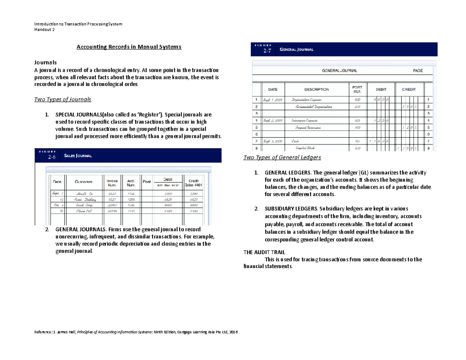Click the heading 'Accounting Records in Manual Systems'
[129, 47]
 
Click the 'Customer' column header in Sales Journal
[83, 182]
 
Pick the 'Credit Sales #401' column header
[193, 182]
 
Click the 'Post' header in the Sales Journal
[147, 182]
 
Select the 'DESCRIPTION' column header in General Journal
[316, 89]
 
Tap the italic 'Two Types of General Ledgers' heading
[282, 158]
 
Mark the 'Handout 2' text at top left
[45, 30]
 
